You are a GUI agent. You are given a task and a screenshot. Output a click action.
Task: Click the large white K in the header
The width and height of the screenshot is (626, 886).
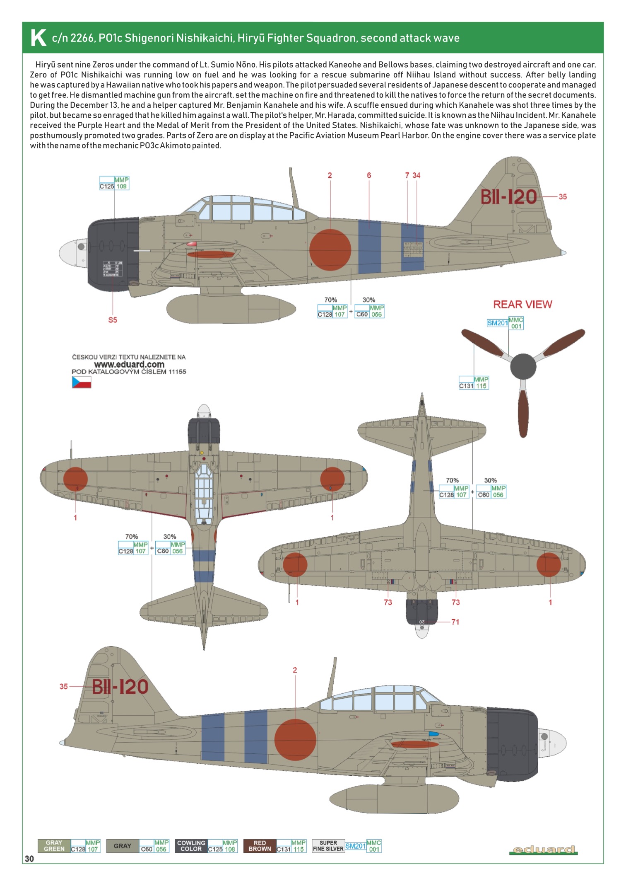click(38, 38)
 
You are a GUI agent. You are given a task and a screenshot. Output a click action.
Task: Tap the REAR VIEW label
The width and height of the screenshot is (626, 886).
click(522, 305)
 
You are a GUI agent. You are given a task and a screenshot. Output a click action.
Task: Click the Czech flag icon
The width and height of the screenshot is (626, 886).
click(82, 382)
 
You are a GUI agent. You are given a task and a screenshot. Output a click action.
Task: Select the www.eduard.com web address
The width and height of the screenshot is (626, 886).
click(129, 364)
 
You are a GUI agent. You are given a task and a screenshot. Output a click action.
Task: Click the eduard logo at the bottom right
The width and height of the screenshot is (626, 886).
click(543, 850)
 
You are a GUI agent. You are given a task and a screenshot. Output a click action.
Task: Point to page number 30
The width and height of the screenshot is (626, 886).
click(29, 859)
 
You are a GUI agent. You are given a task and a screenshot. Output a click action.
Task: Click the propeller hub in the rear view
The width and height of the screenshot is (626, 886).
click(523, 366)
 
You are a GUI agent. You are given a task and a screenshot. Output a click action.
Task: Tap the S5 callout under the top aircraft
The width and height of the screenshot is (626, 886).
click(113, 320)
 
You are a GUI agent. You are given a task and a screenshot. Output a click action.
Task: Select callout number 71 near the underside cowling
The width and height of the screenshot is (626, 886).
click(455, 622)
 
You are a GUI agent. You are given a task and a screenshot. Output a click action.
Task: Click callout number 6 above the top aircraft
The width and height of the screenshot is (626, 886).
click(369, 175)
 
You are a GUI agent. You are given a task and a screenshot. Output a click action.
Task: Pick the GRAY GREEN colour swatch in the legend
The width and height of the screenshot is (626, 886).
click(54, 846)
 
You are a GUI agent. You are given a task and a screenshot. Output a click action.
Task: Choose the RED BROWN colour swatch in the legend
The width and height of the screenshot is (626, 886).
click(260, 846)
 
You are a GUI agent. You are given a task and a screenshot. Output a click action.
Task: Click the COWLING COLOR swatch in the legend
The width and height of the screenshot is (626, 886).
click(191, 846)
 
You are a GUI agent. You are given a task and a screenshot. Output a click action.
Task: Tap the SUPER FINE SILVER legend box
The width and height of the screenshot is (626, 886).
click(328, 846)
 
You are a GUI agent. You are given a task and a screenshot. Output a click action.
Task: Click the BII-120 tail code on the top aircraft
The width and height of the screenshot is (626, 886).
click(508, 197)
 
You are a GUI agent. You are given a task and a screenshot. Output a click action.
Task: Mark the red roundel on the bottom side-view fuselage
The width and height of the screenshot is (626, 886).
click(295, 740)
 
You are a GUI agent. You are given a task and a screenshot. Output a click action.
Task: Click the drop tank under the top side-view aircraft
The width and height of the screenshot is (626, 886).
click(231, 309)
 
